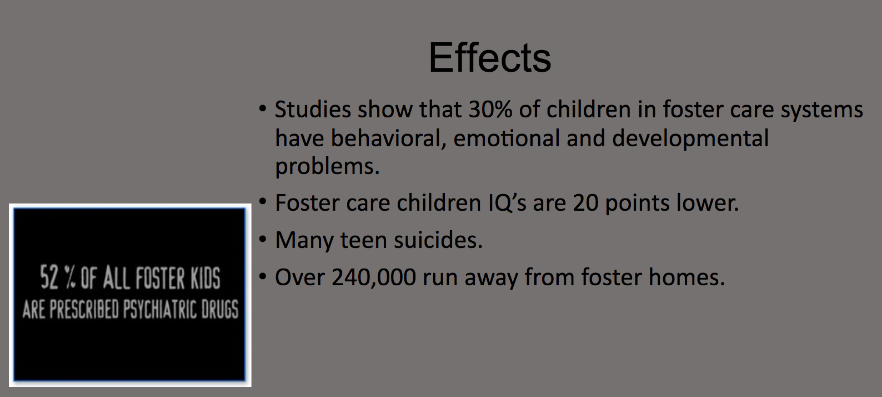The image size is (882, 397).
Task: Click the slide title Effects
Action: coord(489,58)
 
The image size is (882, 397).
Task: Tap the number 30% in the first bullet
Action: coord(490,109)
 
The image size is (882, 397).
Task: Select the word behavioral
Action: coord(388,138)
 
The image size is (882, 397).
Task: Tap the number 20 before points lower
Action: coord(585,203)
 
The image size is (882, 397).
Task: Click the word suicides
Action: coord(438,240)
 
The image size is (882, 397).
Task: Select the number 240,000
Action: coord(374,277)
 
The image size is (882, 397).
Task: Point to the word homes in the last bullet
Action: coord(686,277)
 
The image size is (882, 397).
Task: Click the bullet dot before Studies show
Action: coord(263,109)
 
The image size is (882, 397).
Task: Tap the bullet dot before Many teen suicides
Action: coord(263,240)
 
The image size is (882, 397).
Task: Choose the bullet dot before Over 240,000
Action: coord(263,277)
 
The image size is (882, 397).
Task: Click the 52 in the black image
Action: coord(49,277)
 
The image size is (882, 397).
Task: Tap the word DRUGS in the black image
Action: coord(220,309)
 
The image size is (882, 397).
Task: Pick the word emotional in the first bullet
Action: coord(507,138)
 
